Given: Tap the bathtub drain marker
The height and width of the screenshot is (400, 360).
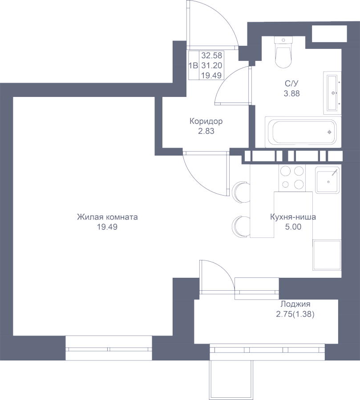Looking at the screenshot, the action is pyautogui.click(x=329, y=132).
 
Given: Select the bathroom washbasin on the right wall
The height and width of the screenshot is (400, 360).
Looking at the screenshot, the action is pyautogui.click(x=332, y=93).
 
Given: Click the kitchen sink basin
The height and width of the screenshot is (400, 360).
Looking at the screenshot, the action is pyautogui.click(x=328, y=180).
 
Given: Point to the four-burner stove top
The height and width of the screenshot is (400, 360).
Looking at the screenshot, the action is pyautogui.click(x=292, y=178).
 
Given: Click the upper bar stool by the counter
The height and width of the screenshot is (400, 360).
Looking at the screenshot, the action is pyautogui.click(x=240, y=192).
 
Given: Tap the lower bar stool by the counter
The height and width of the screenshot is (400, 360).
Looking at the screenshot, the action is pyautogui.click(x=240, y=227).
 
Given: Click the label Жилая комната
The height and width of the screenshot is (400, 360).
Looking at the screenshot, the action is pyautogui.click(x=107, y=217).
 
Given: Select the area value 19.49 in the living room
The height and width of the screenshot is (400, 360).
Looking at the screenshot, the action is pyautogui.click(x=107, y=227).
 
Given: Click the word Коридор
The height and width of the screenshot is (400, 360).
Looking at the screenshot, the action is pyautogui.click(x=206, y=121).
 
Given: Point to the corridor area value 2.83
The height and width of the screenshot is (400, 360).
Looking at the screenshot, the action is pyautogui.click(x=206, y=131).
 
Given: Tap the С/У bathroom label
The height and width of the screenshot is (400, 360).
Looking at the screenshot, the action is pyautogui.click(x=292, y=84).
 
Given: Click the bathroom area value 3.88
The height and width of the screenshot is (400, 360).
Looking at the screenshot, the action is pyautogui.click(x=292, y=93).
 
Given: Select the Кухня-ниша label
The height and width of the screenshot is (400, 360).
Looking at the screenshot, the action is pyautogui.click(x=293, y=217).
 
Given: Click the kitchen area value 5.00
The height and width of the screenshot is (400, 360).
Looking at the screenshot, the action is pyautogui.click(x=293, y=227).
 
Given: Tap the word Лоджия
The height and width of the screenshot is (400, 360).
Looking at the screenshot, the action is pyautogui.click(x=295, y=304).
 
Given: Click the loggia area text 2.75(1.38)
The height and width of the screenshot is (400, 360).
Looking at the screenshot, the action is pyautogui.click(x=295, y=314).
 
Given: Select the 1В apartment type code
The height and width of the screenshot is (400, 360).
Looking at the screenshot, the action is pyautogui.click(x=193, y=66).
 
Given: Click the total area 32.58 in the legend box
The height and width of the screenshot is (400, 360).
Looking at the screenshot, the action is pyautogui.click(x=211, y=56).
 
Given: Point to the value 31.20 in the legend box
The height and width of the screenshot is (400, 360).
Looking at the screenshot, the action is pyautogui.click(x=211, y=66).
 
